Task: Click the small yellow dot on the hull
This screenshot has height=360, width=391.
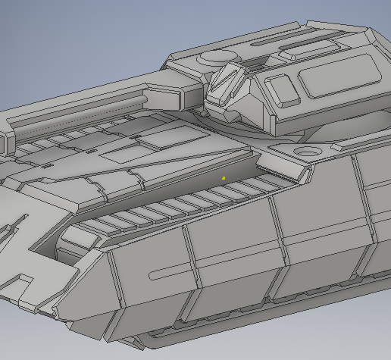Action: click(x=224, y=178)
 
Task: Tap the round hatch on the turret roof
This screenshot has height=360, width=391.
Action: click(x=217, y=57)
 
